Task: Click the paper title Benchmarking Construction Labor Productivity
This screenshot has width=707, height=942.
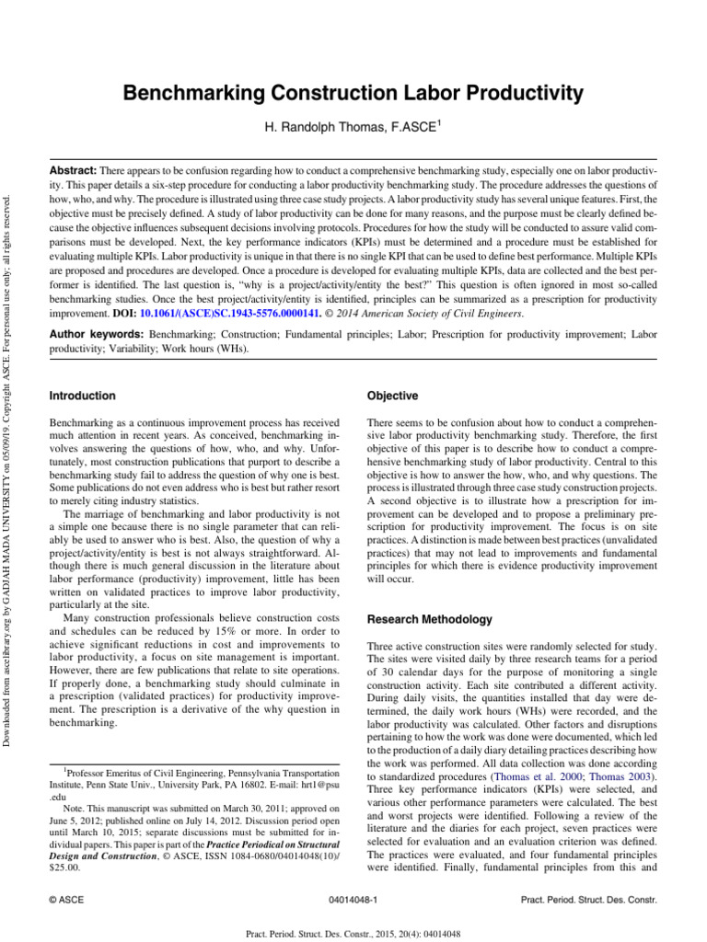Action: (353, 93)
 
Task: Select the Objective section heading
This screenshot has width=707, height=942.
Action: (392, 396)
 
